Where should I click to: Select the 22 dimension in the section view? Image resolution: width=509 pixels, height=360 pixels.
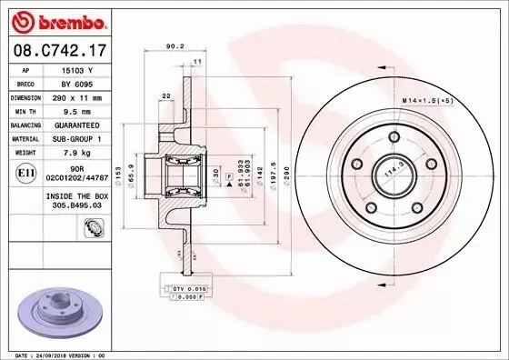pos(165,95)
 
